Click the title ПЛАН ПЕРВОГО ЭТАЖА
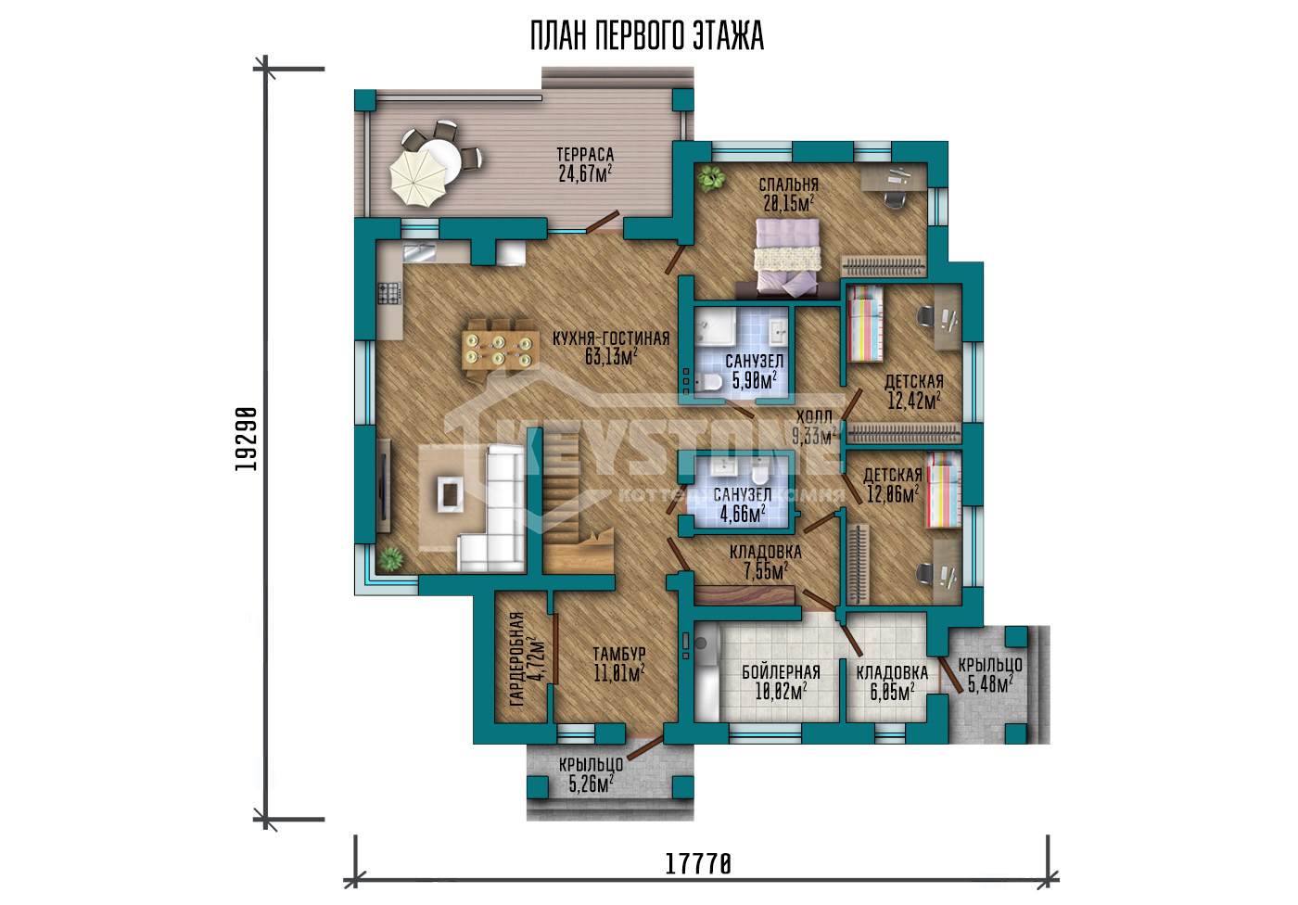[647, 36]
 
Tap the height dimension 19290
[246, 439]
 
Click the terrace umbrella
[418, 178]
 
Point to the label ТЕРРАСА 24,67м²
[585, 164]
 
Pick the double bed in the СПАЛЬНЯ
[787, 254]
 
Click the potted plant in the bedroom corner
[710, 178]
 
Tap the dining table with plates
[500, 350]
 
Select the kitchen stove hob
[389, 293]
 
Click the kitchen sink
[419, 252]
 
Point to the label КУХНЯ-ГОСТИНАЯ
[611, 338]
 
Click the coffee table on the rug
[450, 494]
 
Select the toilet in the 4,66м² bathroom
[759, 472]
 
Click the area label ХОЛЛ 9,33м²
[814, 427]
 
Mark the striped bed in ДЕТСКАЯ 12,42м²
[865, 324]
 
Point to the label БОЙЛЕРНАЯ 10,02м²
[781, 682]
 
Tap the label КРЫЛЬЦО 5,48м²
[990, 675]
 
